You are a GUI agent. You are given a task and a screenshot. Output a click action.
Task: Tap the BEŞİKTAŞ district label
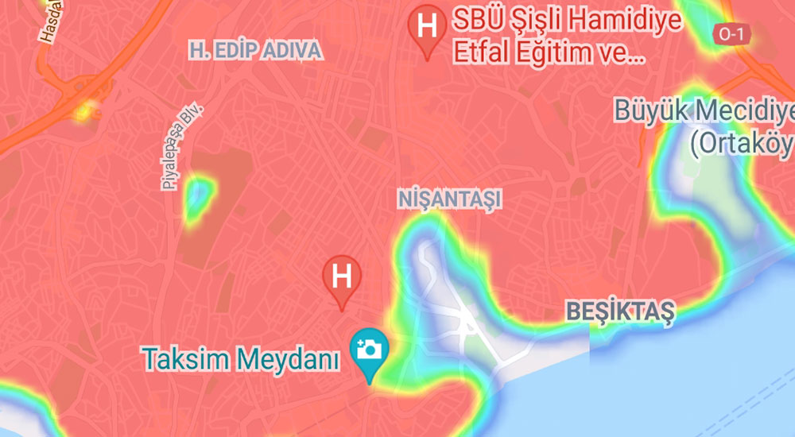click(x=619, y=311)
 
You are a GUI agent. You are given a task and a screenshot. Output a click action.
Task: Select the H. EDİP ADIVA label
click(x=255, y=52)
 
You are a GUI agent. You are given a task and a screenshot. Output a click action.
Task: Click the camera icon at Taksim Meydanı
click(x=370, y=349)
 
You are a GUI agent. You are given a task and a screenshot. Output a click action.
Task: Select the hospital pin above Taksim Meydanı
click(x=342, y=278)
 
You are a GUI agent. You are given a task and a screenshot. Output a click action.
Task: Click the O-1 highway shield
click(x=729, y=34)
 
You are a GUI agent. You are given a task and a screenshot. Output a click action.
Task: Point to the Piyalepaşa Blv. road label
click(x=180, y=147)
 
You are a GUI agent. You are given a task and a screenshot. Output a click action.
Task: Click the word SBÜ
click(x=477, y=19)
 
